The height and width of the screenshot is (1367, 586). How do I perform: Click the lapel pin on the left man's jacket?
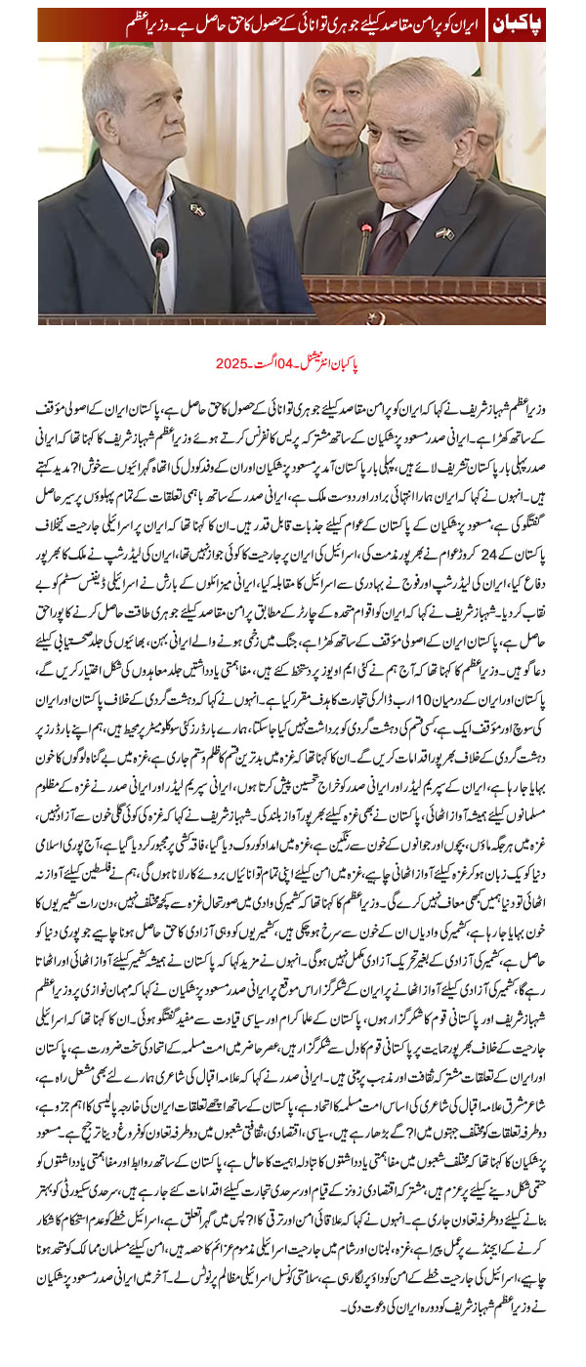click(x=196, y=209)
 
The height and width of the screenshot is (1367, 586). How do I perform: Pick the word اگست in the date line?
click(x=265, y=363)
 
